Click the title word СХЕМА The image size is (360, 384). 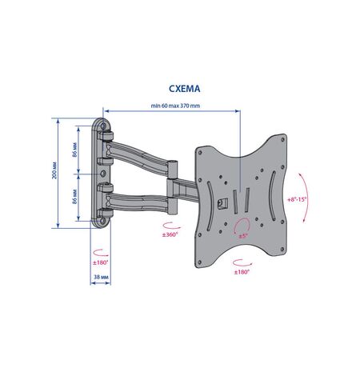coord(185,89)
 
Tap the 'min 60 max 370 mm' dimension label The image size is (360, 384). coord(175,106)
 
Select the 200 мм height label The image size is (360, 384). coord(54,170)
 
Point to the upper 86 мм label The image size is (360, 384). coord(75,150)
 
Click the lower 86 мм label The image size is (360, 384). coord(75,197)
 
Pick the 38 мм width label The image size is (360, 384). coord(101,277)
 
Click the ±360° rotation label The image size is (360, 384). coord(170,234)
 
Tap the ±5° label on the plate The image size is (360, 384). coord(243,236)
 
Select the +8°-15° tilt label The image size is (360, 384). coord(297,199)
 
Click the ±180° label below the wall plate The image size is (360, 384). coord(101,262)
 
